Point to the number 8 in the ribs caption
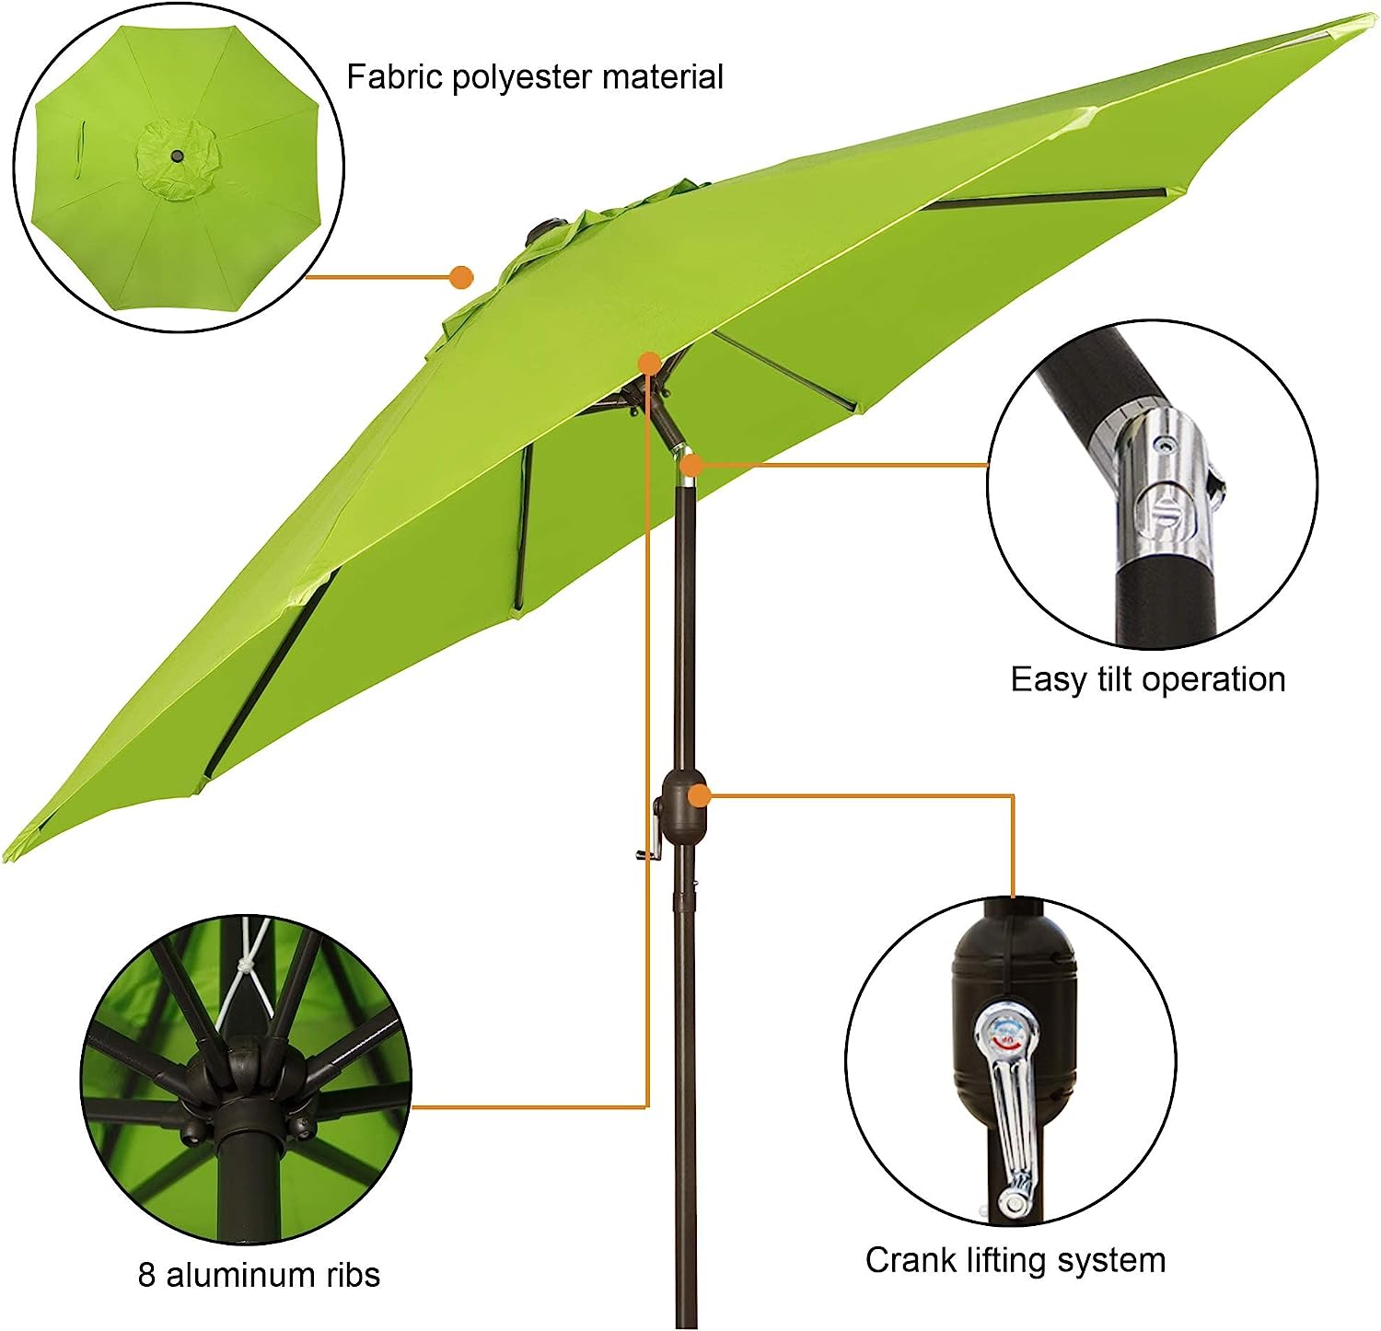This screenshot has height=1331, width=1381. (147, 1275)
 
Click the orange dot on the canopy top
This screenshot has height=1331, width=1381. (461, 276)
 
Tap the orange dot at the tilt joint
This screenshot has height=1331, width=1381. (690, 465)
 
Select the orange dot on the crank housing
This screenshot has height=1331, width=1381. (699, 795)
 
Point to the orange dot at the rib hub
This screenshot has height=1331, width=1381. (650, 363)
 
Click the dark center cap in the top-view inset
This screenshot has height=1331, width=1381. (176, 158)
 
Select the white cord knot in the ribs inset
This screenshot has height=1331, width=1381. (245, 966)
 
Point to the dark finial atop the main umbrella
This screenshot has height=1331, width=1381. (545, 229)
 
